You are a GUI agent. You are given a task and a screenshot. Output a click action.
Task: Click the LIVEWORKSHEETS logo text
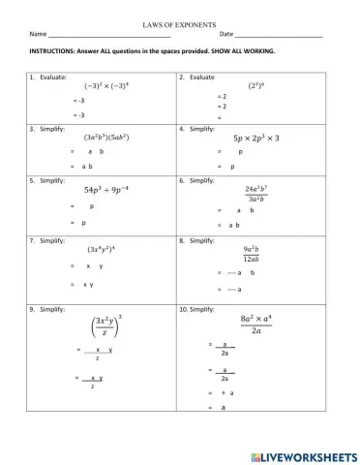[x=296, y=451]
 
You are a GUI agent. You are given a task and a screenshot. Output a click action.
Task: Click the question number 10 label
[x=186, y=306]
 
